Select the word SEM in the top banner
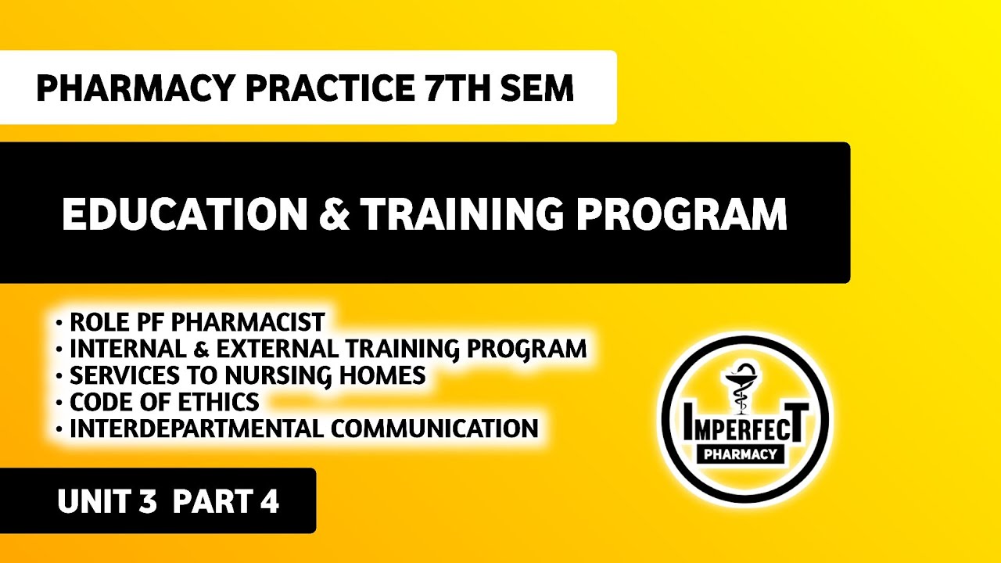(x=539, y=88)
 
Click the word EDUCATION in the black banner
(x=185, y=213)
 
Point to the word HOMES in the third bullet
(x=382, y=375)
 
